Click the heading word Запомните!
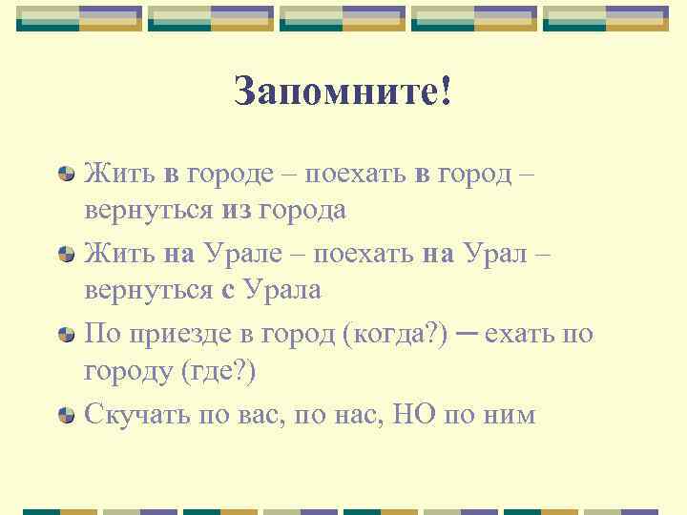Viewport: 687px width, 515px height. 343,92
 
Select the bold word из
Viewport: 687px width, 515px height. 239,209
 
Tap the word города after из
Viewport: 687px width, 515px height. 303,209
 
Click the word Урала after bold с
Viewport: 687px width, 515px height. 283,289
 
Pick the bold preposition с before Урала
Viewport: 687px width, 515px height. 227,289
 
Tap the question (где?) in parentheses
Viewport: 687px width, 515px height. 219,370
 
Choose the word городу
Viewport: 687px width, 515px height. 127,370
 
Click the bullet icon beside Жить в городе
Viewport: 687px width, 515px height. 67,175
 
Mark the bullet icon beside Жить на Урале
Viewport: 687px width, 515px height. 67,255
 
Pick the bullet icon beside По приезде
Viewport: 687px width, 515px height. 67,335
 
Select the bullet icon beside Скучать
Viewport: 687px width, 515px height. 67,415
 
